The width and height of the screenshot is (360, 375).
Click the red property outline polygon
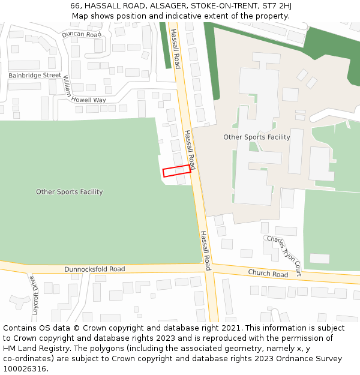(x=176, y=171)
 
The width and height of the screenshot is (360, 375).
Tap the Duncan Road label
(x=82, y=35)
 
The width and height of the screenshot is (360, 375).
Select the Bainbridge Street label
(x=35, y=76)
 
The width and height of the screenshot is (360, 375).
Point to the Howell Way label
(x=89, y=100)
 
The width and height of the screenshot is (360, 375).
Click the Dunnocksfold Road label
(x=95, y=269)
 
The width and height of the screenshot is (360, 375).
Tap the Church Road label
(x=268, y=274)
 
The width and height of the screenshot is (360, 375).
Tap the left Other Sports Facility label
(x=70, y=192)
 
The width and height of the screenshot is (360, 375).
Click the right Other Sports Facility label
(x=257, y=137)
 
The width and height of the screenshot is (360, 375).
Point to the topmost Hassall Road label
(x=176, y=49)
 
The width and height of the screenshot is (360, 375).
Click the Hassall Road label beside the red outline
(x=190, y=149)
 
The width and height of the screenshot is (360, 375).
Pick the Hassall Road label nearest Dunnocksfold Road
(x=206, y=250)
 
